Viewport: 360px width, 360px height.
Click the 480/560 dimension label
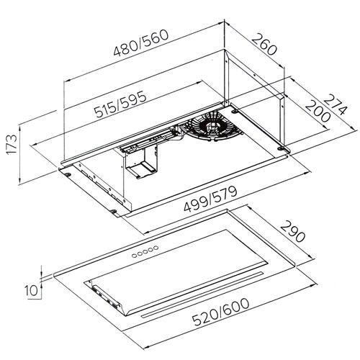tap(141, 43)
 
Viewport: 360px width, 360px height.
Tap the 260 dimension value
tap(264, 45)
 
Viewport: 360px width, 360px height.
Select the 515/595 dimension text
tap(120, 104)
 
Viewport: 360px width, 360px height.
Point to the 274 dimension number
tap(336, 104)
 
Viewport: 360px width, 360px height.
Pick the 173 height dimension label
tap(12, 145)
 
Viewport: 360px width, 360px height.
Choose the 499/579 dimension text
tap(210, 199)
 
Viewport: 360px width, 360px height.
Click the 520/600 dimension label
tap(221, 312)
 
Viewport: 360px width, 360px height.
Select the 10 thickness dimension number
tap(32, 290)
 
